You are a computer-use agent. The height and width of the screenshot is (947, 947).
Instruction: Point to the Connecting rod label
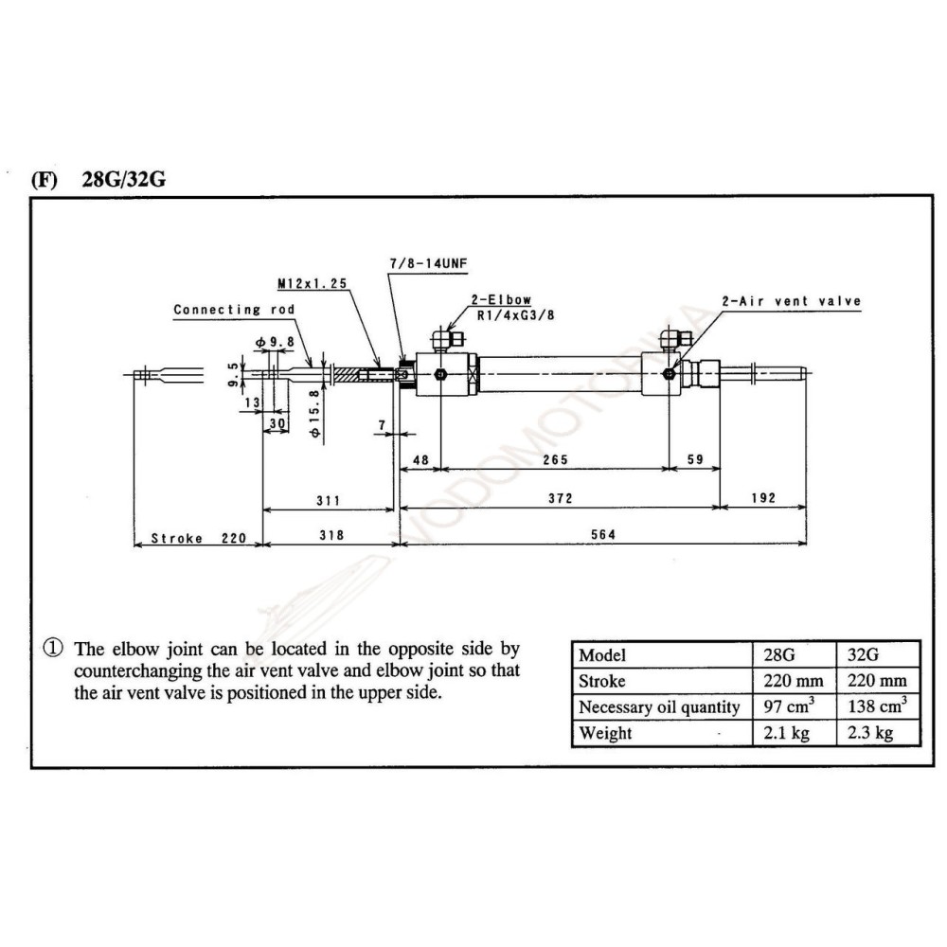(x=234, y=310)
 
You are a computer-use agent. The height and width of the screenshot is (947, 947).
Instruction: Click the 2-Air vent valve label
(x=792, y=301)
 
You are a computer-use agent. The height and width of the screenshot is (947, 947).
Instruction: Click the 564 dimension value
(x=603, y=535)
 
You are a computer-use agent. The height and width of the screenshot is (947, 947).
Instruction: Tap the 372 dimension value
(x=559, y=497)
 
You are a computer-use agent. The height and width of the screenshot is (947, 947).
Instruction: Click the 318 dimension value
(x=331, y=535)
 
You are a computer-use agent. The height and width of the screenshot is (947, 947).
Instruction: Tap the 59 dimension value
(x=694, y=459)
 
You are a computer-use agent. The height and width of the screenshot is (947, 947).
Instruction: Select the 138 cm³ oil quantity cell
(x=877, y=706)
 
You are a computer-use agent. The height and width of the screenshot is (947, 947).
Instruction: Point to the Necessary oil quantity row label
(x=659, y=707)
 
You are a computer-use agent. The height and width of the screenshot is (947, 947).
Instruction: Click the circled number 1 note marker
(x=53, y=650)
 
